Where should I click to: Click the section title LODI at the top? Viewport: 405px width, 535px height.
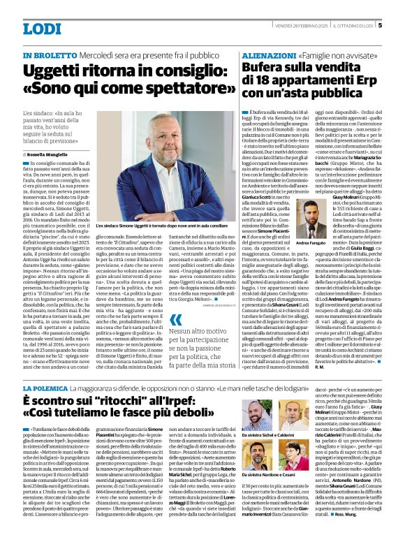pos(42,29)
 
